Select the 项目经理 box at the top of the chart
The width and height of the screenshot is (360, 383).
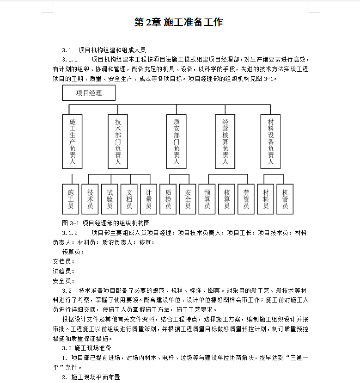89,93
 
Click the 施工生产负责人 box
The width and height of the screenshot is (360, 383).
72,141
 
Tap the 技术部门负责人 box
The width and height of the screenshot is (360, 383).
117,141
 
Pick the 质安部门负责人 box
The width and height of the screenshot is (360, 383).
176,141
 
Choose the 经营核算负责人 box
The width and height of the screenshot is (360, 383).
225,141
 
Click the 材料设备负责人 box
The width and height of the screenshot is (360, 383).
270,141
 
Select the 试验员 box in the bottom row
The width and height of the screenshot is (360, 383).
110,199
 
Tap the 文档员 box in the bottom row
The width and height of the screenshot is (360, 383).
129,199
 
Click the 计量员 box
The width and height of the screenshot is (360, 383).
148,199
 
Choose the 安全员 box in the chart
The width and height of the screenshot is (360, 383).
188,199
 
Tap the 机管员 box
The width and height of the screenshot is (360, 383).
285,199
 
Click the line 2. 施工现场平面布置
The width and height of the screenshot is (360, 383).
91,377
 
